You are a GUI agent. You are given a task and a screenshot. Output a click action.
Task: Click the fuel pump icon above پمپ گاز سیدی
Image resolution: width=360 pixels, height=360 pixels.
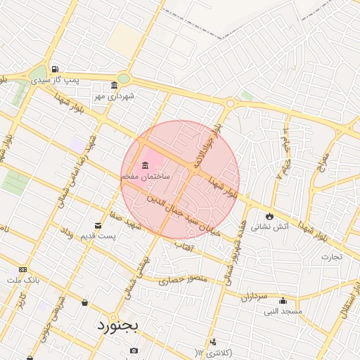(55, 70)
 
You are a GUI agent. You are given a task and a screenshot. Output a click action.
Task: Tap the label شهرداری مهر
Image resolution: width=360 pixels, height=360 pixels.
(115, 95)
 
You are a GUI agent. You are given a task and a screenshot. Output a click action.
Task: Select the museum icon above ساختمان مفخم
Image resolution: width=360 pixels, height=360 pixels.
(145, 165)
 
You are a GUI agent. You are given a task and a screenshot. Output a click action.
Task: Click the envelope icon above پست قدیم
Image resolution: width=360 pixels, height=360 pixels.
(97, 225)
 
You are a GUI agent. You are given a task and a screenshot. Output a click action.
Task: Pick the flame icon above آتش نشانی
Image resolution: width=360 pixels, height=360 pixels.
(269, 215)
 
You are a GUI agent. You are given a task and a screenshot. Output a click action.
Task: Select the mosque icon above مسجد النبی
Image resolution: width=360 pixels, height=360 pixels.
(283, 300)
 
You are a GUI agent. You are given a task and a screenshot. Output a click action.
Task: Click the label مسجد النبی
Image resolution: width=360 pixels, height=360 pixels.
(283, 310)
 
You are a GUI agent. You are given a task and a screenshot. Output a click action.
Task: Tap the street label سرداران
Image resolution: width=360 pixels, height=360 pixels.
(255, 296)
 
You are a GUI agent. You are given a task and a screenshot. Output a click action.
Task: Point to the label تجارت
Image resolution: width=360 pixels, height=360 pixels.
(331, 256)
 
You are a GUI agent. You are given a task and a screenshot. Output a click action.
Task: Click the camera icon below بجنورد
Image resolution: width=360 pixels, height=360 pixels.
(134, 350)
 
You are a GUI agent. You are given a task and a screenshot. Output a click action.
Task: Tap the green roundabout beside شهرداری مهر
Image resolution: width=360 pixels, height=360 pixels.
(124, 79)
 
